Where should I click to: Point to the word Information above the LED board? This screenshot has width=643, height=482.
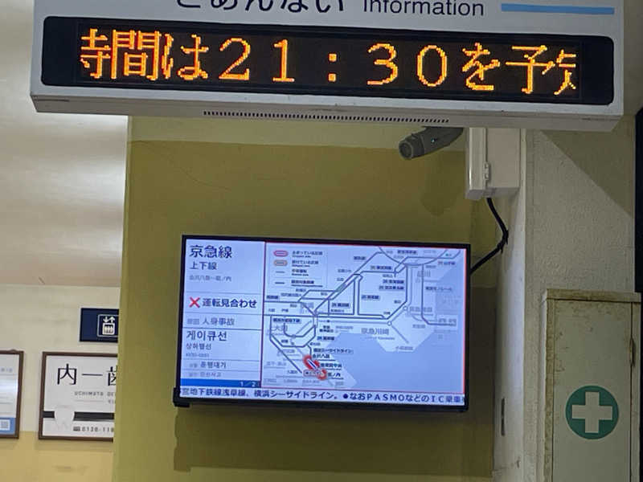[x=424, y=8]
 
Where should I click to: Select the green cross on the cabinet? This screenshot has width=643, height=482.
[x=592, y=411]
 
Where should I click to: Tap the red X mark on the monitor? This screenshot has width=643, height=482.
[x=195, y=303]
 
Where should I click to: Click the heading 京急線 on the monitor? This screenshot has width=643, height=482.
[x=211, y=252]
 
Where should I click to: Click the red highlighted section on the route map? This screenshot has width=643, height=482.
[x=313, y=366]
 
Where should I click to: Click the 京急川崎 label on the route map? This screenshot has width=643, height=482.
[x=375, y=331]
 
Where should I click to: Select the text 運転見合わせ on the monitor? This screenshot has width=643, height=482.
[x=229, y=303]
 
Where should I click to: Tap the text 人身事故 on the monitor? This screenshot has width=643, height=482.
[x=217, y=321]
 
